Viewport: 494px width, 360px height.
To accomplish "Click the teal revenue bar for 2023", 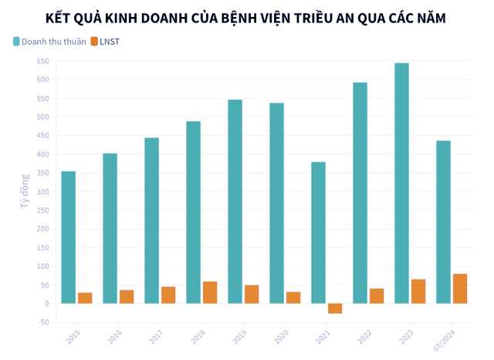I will (x=401, y=183).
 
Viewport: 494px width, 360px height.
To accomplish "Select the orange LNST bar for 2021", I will (x=335, y=308).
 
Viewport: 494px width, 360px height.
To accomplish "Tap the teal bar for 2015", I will (x=68, y=237).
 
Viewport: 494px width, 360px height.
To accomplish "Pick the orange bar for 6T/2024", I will (x=460, y=289).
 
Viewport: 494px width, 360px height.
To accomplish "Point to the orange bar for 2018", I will (x=210, y=293).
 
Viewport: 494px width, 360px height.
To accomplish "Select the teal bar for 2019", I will (x=235, y=202).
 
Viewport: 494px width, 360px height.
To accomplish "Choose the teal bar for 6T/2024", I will (x=443, y=222).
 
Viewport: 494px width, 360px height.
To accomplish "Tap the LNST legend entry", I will (x=109, y=41).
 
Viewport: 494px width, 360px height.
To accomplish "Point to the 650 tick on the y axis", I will (x=42, y=61).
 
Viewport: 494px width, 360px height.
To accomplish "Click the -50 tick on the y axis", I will (x=42, y=322).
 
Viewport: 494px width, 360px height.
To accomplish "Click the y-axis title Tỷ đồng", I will (x=25, y=191).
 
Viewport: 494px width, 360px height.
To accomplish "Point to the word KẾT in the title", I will (x=59, y=16).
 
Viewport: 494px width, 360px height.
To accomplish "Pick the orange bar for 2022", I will (x=377, y=296).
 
